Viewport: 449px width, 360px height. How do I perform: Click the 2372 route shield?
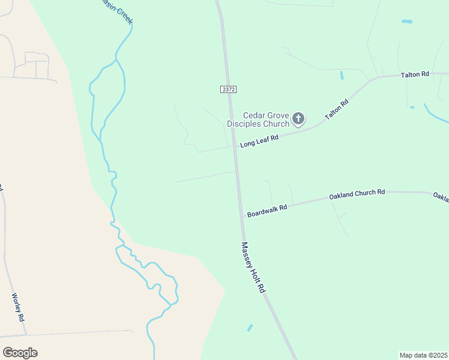coord(228,89)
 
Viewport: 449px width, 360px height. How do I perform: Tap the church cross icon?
coord(298,119)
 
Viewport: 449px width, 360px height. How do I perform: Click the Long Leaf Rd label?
coord(260,141)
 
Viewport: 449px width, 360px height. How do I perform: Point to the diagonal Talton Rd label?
coord(337,112)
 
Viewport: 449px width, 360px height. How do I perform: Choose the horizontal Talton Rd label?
coord(415,74)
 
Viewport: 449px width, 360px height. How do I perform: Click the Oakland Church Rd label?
coord(357,194)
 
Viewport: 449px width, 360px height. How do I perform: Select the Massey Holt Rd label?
coord(253,267)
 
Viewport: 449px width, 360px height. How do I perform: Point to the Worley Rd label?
coord(17,307)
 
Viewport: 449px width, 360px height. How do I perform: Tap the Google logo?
coord(20,353)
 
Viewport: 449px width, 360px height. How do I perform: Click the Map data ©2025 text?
coord(423,355)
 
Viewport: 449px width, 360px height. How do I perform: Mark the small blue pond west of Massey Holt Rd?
coord(250,328)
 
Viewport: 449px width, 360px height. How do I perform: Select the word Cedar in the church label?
coord(255,115)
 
